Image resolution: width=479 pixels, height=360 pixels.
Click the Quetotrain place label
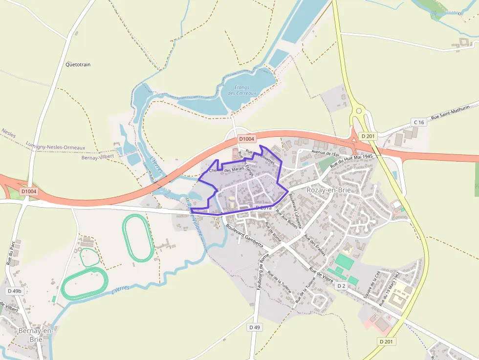[x=78, y=64]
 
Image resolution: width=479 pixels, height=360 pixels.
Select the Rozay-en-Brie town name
[x=329, y=190]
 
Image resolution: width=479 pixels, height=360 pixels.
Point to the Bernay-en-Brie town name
[x=36, y=335]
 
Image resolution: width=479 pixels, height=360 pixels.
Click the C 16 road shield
[x=418, y=122]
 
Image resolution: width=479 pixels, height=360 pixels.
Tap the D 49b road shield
[x=15, y=291]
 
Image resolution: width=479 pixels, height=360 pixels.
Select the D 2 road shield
[x=341, y=285]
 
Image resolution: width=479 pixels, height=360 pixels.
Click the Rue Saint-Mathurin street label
[x=450, y=112]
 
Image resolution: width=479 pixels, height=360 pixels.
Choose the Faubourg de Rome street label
[x=264, y=272]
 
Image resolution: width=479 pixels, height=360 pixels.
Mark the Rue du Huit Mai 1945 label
[x=351, y=160]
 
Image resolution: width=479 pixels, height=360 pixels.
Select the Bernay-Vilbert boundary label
[x=98, y=157]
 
